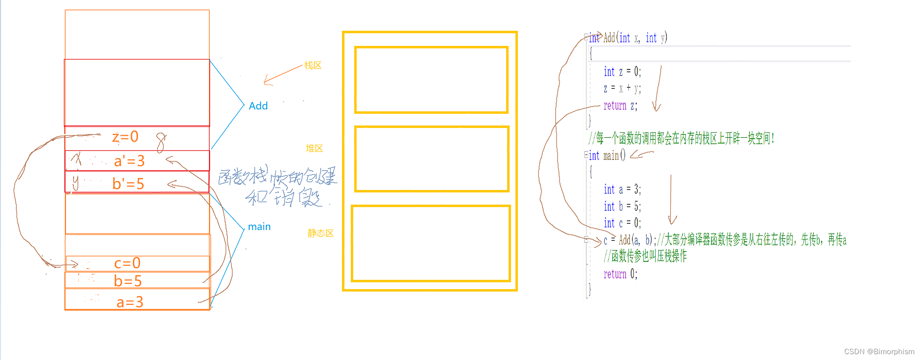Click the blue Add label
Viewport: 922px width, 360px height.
tap(258, 106)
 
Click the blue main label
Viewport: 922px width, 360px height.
tap(259, 227)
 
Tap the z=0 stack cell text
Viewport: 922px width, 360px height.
tap(125, 137)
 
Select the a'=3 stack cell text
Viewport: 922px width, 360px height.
tap(129, 161)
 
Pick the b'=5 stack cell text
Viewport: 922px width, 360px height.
tap(128, 184)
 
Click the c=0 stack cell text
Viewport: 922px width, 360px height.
tap(127, 263)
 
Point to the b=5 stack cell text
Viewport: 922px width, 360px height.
tap(128, 281)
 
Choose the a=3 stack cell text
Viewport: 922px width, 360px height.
tap(129, 302)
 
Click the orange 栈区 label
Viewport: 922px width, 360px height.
tap(313, 65)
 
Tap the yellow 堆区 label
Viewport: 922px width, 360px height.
tap(314, 148)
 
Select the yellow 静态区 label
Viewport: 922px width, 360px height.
tap(321, 233)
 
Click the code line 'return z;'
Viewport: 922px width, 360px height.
tap(620, 106)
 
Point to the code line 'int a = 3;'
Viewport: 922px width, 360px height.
tap(622, 189)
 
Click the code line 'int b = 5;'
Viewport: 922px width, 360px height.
tap(622, 206)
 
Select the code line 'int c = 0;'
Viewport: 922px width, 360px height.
tap(622, 223)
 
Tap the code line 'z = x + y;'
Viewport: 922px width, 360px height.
tap(622, 88)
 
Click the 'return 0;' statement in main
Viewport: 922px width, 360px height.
tap(620, 274)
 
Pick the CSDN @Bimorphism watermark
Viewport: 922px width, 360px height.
tap(879, 352)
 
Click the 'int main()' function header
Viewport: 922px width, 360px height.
tap(607, 156)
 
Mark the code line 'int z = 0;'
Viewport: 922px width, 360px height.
tap(622, 72)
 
